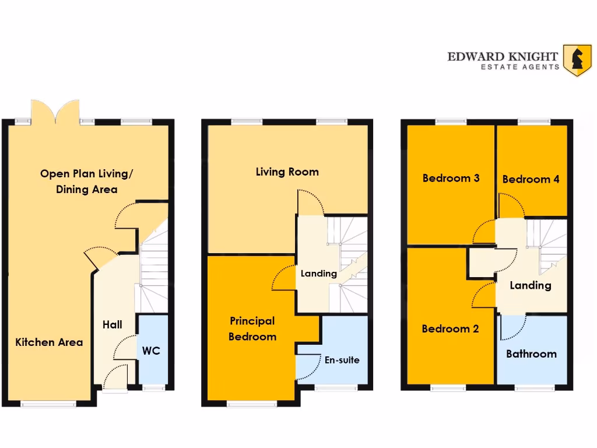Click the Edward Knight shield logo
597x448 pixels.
577,60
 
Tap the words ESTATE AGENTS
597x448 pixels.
519,67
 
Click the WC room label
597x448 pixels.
151,351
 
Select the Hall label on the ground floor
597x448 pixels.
112,324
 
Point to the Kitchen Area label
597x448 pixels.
49,342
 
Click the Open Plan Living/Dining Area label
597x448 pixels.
87,181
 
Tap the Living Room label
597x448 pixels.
287,172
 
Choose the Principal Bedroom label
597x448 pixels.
252,328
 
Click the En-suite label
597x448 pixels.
342,360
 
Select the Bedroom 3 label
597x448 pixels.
451,178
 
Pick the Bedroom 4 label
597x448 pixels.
531,179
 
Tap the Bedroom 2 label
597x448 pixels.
450,329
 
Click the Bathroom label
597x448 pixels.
531,354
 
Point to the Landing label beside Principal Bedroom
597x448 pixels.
318,274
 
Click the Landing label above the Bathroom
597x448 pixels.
530,285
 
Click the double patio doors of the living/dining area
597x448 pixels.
55,113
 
